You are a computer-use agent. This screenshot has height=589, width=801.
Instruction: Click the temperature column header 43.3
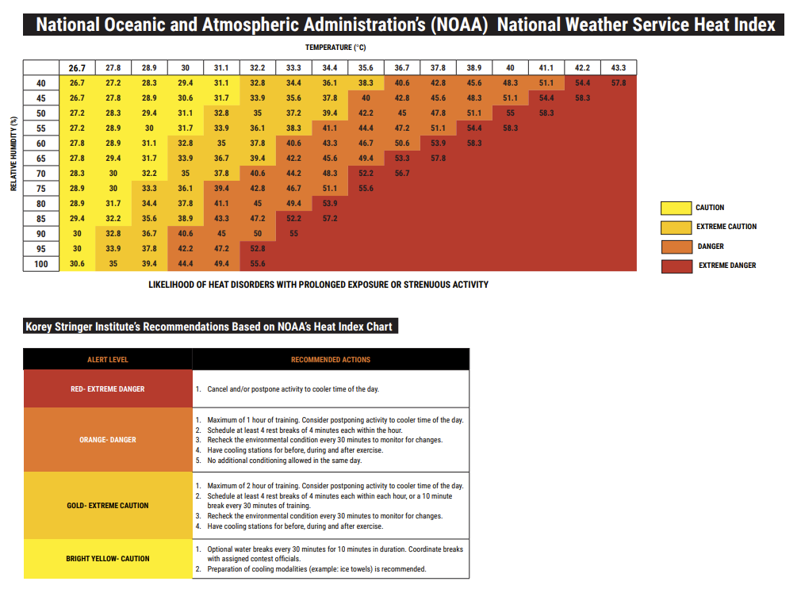pos(618,67)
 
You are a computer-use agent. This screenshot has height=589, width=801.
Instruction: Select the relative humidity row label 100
pos(41,264)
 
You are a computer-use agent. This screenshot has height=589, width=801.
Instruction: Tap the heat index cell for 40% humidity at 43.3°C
pos(618,82)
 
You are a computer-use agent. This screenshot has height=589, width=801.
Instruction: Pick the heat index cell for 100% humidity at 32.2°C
pos(258,264)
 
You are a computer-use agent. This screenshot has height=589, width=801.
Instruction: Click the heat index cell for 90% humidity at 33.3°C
pos(293,233)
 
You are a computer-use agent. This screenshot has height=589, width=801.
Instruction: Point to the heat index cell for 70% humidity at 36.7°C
pos(402,173)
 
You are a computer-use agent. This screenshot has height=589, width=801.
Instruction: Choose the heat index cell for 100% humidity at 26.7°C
pos(77,264)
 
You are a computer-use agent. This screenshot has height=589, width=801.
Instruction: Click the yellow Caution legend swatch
pos(676,208)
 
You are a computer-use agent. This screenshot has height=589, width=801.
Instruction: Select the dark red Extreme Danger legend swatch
pos(676,266)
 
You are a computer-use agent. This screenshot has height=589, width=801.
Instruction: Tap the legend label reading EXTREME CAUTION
pos(726,226)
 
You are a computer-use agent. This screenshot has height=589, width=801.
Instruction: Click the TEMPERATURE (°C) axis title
pos(335,48)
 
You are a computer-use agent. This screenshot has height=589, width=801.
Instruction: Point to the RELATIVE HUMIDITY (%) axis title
pos(13,154)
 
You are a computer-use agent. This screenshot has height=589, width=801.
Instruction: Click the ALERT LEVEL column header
pos(108,360)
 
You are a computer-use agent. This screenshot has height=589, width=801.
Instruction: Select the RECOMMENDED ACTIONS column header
pos(331,360)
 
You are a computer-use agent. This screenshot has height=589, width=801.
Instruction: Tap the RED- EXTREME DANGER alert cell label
pos(108,389)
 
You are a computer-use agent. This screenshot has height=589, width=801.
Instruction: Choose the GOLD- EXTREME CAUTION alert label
pos(108,506)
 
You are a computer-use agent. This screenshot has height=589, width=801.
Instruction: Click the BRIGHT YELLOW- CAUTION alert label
pos(108,559)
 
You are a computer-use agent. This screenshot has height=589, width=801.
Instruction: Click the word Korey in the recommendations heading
pos(39,327)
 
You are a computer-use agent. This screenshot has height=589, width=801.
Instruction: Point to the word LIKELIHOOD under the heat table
pos(171,285)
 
